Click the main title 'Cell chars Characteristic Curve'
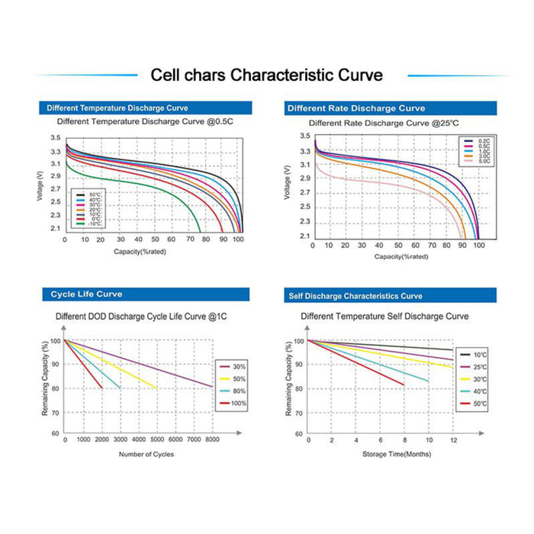click(266, 75)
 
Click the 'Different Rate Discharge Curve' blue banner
click(356, 108)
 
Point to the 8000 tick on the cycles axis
click(211, 440)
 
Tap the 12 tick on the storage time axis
click(453, 440)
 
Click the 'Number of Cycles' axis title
click(146, 455)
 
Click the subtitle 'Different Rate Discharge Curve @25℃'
click(383, 123)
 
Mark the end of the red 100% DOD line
click(101, 388)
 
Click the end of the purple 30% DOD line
click(211, 386)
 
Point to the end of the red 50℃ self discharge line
click(404, 384)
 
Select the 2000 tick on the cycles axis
click(101, 440)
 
